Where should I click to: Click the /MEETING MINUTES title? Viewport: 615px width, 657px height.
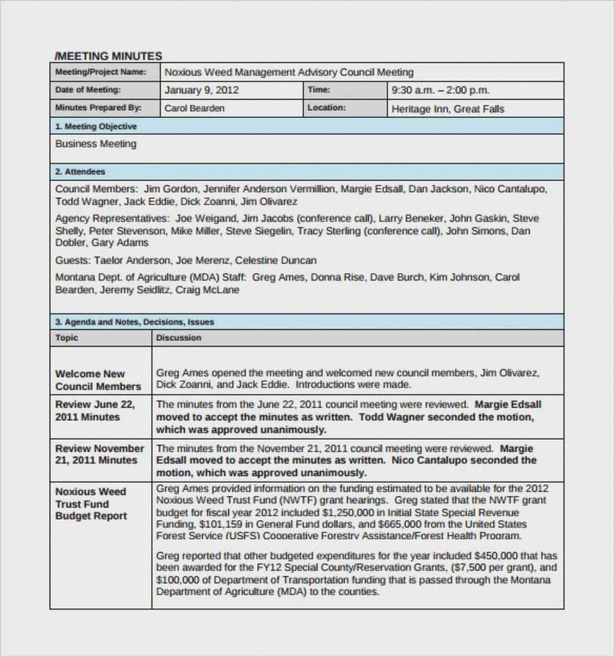(x=108, y=56)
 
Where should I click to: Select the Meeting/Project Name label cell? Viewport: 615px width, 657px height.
(x=100, y=72)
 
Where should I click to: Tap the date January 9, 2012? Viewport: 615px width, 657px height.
(x=201, y=89)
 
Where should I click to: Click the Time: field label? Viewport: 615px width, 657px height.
(x=318, y=89)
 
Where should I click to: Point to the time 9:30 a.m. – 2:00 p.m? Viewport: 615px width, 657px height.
(x=440, y=90)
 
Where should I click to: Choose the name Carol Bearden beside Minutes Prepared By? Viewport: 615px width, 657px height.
(x=194, y=108)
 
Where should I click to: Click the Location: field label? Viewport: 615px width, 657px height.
(x=326, y=107)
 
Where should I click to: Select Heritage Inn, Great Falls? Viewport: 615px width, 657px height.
(x=448, y=108)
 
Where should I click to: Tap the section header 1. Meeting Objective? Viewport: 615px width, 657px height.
(x=96, y=127)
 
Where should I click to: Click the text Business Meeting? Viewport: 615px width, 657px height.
(x=96, y=144)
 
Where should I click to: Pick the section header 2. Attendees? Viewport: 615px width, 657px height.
(x=80, y=172)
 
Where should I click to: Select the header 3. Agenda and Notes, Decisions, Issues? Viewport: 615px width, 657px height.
(x=134, y=322)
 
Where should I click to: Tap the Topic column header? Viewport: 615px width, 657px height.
(x=66, y=337)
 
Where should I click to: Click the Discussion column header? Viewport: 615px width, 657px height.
(x=179, y=337)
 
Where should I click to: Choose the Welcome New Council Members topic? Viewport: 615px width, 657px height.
(x=98, y=380)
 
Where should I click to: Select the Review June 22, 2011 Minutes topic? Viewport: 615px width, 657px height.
(x=95, y=410)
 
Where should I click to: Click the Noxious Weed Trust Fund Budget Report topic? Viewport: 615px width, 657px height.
(x=91, y=503)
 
